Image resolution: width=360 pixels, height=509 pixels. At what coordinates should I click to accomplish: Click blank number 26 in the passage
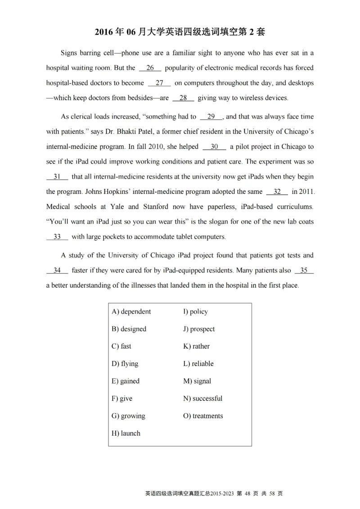tap(150, 68)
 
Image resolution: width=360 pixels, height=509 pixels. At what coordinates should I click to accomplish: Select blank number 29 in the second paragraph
tap(211, 116)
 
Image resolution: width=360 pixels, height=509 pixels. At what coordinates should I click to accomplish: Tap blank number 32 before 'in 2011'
tap(277, 192)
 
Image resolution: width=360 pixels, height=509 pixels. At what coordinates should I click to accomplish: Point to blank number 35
tap(304, 270)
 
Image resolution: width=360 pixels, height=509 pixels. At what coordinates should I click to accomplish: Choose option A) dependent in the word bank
tap(131, 312)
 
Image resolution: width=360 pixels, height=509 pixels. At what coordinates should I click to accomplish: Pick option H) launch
tap(126, 433)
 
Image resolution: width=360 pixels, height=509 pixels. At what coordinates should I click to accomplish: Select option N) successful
tap(202, 398)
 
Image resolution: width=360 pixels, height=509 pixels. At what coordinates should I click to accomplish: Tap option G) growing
tap(128, 416)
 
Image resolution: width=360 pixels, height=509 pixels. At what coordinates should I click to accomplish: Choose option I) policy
tap(195, 312)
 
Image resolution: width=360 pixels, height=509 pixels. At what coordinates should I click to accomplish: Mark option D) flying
tap(125, 364)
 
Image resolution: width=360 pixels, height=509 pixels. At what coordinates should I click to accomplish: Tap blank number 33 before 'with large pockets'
tap(57, 237)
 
